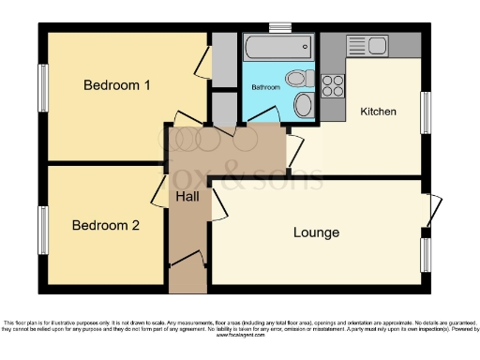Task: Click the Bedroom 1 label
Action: pos(117,85)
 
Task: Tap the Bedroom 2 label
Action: pos(106,225)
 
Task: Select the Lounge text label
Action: pos(316,232)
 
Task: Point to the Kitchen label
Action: pos(379,112)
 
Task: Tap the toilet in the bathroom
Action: pos(299,78)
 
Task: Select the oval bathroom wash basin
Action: pos(304,104)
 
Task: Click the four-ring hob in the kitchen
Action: pos(333,85)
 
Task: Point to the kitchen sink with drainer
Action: pos(367,45)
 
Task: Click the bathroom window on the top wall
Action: pos(279,26)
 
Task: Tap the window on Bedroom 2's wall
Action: pos(41,230)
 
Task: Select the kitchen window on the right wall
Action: pos(426,113)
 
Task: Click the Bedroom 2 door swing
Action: pos(159,194)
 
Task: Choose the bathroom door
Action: pos(262,116)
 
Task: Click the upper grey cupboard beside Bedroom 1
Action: pos(224,58)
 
